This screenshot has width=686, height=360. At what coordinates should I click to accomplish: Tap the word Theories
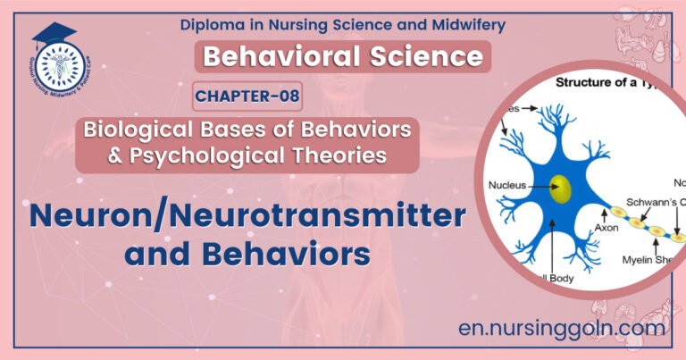(x=330, y=155)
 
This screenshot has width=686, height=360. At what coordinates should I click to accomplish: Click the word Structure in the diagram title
(x=585, y=83)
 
